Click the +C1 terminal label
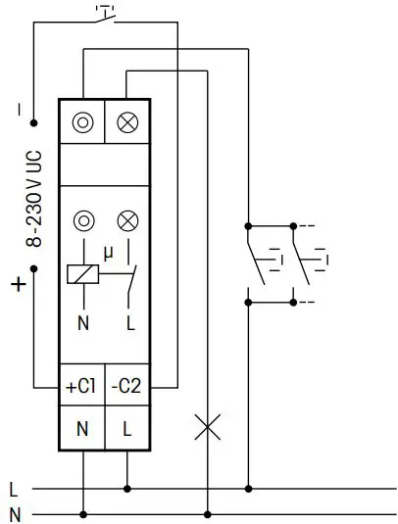81,386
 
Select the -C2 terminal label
126,386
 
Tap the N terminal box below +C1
81,428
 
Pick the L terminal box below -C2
126,428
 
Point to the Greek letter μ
108,251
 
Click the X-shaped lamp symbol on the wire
206,426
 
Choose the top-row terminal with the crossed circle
126,122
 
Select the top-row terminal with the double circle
82,122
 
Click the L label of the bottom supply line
13,488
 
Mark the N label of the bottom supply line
13,512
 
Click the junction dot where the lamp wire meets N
206,512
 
